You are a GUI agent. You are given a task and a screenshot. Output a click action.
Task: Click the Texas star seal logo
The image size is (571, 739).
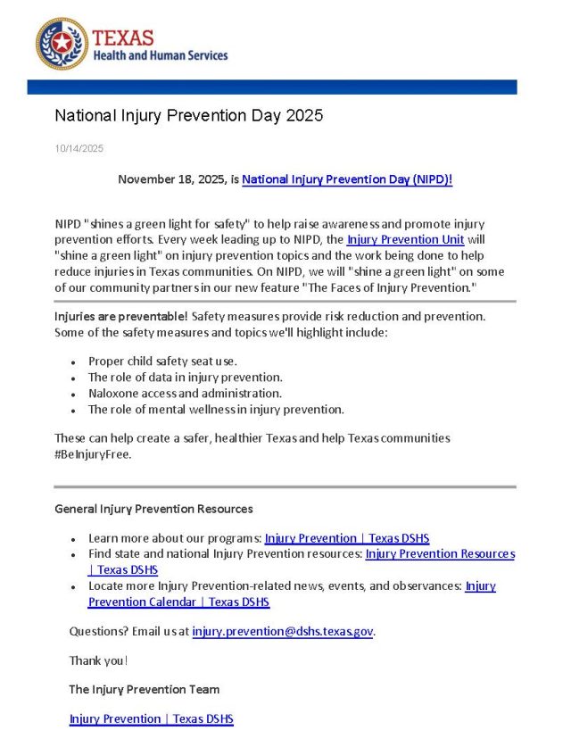[62, 44]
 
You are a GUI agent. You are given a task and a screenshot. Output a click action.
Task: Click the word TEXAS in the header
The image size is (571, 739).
[123, 37]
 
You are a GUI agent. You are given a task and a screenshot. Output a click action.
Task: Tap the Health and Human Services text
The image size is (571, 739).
[161, 55]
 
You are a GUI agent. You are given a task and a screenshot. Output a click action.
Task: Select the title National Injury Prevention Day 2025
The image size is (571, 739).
[188, 115]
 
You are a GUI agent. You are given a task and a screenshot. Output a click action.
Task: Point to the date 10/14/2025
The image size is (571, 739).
[79, 148]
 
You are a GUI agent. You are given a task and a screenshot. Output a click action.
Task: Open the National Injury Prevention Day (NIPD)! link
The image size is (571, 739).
[347, 179]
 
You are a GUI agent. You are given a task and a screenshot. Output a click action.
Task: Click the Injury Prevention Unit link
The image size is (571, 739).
[405, 240]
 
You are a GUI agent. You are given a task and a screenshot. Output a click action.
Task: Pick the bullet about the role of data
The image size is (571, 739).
[185, 378]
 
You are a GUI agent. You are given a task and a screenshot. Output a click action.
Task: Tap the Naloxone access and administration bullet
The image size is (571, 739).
[185, 394]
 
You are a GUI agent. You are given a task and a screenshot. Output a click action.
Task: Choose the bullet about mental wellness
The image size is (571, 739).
[215, 410]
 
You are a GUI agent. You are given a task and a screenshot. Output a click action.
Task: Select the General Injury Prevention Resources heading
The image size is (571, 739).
[153, 509]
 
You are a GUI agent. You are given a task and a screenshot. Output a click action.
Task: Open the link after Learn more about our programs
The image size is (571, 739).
[346, 538]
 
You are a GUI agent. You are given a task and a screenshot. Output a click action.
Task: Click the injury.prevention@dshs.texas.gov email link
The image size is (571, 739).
[282, 632]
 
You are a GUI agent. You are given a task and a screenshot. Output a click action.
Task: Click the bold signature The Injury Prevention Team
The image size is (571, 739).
[144, 689]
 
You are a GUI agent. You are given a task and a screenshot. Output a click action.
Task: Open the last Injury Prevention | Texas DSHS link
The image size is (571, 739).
[151, 718]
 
